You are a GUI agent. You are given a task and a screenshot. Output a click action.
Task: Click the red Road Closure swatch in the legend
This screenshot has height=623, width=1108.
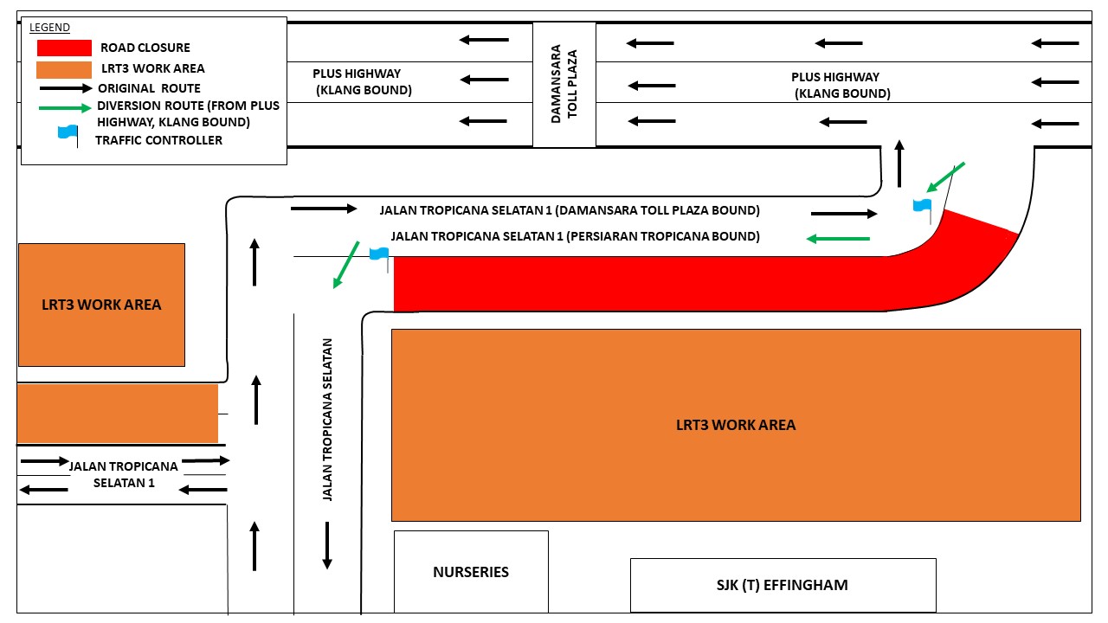[64, 48]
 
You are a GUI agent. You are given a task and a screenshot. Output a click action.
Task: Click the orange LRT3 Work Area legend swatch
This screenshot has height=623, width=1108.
[64, 70]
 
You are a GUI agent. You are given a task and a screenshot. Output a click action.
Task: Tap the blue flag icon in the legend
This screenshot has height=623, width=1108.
[68, 135]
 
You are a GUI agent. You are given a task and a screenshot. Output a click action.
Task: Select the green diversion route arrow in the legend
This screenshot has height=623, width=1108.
[65, 107]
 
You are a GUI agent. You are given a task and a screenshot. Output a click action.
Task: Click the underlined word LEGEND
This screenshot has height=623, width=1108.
[49, 28]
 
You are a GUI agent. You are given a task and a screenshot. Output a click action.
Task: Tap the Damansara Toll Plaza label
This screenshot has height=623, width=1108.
[564, 84]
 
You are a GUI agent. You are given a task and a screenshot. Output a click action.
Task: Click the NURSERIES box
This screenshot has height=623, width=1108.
[471, 572]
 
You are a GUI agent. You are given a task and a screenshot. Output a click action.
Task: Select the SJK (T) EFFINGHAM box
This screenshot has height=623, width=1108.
[783, 585]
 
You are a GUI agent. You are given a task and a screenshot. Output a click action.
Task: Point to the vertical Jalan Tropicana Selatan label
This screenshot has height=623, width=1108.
[327, 420]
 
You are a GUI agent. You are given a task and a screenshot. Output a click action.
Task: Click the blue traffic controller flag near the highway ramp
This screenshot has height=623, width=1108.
[923, 210]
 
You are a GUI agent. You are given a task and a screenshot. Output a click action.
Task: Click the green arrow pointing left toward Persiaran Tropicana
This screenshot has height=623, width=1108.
[838, 239]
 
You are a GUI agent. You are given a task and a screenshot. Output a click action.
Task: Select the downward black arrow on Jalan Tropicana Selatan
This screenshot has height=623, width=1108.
[327, 545]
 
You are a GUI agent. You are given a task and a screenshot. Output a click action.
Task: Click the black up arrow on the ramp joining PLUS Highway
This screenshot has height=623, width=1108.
[899, 164]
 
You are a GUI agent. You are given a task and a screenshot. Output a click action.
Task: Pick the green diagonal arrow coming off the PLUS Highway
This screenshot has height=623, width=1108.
[946, 177]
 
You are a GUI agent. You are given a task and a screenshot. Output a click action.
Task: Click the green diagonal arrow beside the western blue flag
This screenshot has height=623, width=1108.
[345, 265]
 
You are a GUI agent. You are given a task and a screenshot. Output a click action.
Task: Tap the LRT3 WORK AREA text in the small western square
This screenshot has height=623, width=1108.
[101, 305]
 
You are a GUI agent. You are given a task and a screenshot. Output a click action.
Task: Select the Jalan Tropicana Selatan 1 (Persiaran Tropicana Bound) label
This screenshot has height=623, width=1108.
[576, 236]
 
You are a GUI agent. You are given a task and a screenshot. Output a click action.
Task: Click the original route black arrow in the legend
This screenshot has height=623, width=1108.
[66, 88]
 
